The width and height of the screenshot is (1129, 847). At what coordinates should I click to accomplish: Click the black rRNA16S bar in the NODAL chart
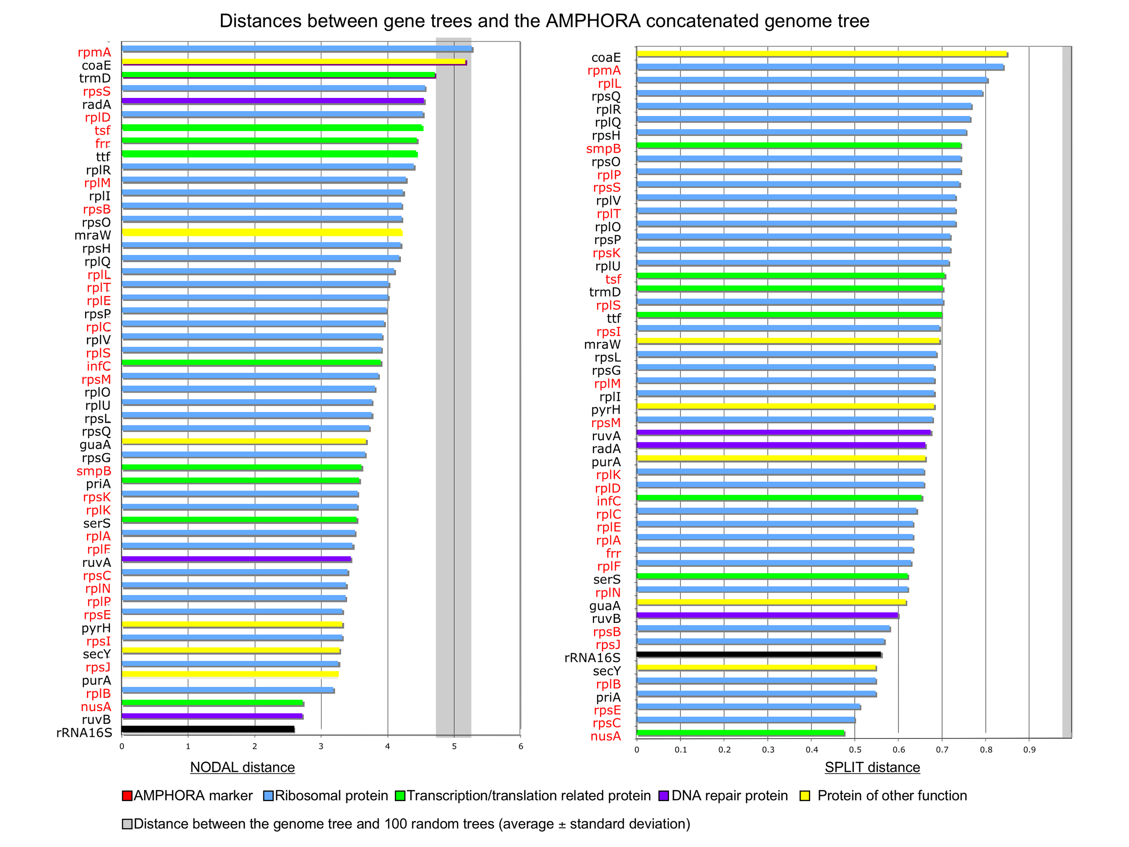click(x=208, y=729)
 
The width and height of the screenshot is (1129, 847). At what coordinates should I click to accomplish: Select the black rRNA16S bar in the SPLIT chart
click(x=759, y=654)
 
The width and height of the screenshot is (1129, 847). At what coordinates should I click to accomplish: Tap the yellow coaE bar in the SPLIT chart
click(x=822, y=54)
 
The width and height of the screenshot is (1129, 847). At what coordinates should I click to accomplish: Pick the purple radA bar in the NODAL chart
click(x=273, y=101)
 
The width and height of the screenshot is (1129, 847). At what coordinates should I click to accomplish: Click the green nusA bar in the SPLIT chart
click(x=740, y=733)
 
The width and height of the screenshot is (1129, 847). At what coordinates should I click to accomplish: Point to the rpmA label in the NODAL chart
click(x=94, y=52)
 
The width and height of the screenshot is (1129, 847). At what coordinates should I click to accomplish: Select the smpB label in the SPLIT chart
click(x=603, y=149)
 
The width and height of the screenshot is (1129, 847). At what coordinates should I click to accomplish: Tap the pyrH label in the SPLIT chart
click(x=606, y=409)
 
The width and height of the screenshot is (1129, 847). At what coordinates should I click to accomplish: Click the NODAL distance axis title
click(x=243, y=767)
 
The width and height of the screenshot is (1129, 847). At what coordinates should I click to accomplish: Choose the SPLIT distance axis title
click(x=872, y=767)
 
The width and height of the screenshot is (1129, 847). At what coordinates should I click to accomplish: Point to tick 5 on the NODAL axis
click(x=454, y=746)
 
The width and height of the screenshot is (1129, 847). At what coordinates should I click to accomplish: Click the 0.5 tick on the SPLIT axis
click(x=856, y=750)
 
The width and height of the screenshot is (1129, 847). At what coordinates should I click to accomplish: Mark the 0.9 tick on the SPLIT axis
click(x=1029, y=750)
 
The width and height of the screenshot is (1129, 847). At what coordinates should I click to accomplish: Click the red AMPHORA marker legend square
click(x=127, y=796)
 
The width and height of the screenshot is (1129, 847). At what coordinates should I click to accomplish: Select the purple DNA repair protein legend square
click(x=664, y=796)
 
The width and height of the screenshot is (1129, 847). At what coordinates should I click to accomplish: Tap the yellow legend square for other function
click(x=805, y=796)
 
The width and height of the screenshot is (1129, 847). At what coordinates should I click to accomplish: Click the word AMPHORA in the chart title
click(x=593, y=21)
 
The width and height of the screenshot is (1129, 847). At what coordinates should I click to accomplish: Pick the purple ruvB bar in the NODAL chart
click(x=212, y=716)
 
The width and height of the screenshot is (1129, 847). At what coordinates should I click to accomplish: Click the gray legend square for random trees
click(x=127, y=824)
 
